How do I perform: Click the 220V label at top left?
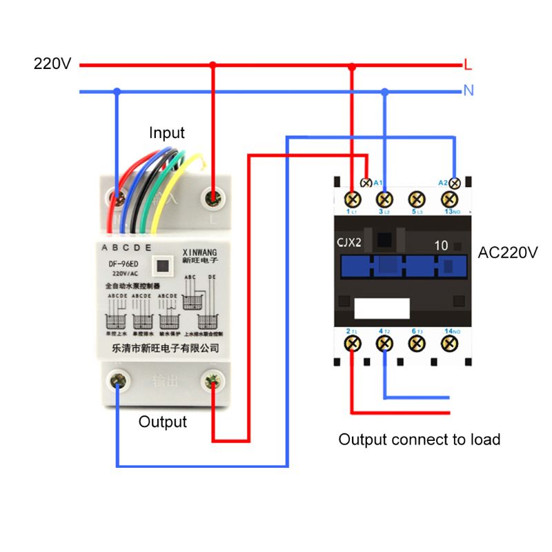pos(52,64)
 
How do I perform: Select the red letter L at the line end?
pos(468,66)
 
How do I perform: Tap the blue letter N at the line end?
pos(469,90)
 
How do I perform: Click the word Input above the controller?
pos(167,132)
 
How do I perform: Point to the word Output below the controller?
pos(163,422)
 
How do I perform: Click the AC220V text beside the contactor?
pos(507,253)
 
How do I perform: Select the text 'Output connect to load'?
pos(419,440)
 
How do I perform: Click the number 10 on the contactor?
pos(441,245)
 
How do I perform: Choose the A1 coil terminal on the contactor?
pos(366,183)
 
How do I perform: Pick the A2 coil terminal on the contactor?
pos(455,183)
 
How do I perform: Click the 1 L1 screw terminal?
pos(353,199)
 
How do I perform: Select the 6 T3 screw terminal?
pos(417,343)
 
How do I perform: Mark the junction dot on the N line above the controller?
pos(117,91)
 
